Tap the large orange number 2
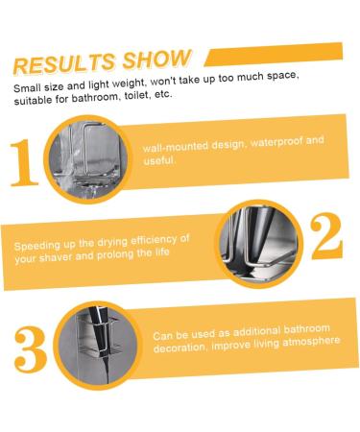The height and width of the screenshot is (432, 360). click(x=326, y=235)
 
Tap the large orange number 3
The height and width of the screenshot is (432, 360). click(x=30, y=348)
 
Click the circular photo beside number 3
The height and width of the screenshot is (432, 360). click(x=93, y=340)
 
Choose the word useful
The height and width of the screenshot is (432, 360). click(x=159, y=160)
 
